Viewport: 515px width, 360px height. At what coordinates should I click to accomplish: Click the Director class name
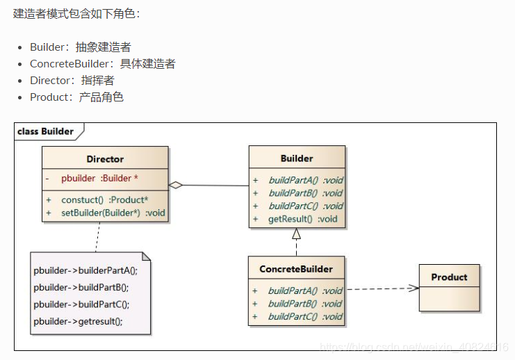105,159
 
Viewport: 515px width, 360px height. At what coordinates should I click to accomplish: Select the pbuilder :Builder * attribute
104,178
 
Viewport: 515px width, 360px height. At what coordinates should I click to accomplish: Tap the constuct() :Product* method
104,200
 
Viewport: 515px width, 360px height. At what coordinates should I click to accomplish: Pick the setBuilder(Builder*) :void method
113,213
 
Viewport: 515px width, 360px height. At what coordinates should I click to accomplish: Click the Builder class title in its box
297,158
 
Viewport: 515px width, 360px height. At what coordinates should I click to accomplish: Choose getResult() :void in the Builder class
302,219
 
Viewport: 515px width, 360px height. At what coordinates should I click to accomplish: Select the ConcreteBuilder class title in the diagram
296,269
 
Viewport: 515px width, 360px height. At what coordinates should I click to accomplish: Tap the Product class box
449,287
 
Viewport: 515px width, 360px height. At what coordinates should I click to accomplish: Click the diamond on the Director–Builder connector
176,185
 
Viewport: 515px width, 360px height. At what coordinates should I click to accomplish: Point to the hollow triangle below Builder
296,234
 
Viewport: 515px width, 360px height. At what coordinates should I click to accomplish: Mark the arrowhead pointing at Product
414,288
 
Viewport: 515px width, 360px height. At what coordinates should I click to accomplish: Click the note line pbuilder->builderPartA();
85,271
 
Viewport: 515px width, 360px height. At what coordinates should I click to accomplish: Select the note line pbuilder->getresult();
78,322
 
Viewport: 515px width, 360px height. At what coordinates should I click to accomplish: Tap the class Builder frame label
46,131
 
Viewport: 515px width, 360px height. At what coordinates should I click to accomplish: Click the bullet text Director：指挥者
72,81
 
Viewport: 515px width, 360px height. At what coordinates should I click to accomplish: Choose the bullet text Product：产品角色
76,97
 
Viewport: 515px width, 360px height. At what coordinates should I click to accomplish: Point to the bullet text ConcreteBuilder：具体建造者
102,64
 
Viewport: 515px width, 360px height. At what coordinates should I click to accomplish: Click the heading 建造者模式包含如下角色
76,14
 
